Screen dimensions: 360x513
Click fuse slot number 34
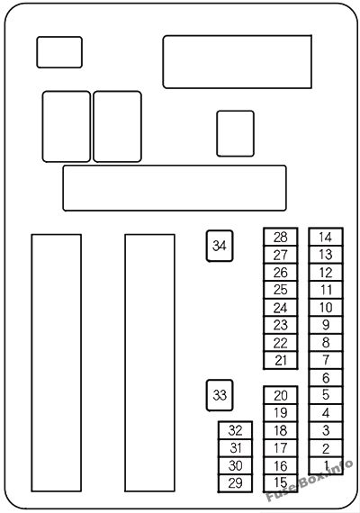point(220,246)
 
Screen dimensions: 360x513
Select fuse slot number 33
point(220,395)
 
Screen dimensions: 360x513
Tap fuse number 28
point(281,238)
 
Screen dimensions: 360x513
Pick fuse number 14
point(326,238)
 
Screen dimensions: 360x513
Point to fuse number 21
point(281,361)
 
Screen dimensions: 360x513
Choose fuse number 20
point(281,395)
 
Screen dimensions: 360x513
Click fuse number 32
point(235,430)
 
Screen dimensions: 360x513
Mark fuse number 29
point(235,483)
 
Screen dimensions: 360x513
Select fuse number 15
point(281,483)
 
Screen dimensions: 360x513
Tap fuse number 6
point(326,378)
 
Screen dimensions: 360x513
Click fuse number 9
point(326,325)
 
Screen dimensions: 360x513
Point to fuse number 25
point(281,290)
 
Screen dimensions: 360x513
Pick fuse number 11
point(326,290)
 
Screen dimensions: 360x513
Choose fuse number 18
point(281,430)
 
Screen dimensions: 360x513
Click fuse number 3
point(326,430)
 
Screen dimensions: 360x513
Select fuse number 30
point(235,466)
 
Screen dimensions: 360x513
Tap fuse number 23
point(281,325)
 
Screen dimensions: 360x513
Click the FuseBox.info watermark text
point(310,481)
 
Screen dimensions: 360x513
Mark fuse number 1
point(326,465)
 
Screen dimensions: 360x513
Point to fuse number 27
point(281,255)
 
